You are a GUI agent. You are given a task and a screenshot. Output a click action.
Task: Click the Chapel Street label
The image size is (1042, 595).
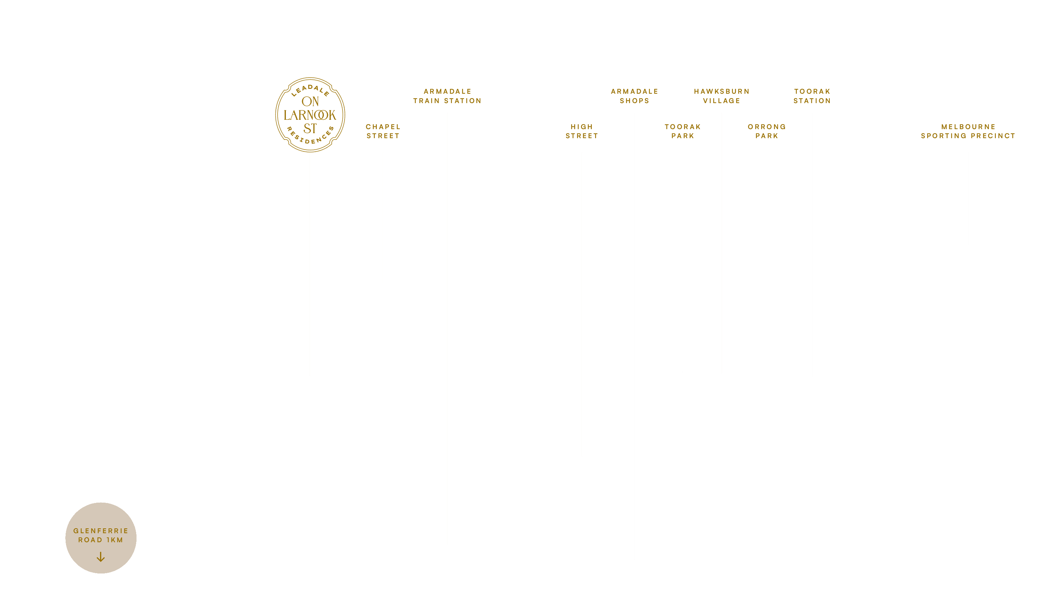point(383,131)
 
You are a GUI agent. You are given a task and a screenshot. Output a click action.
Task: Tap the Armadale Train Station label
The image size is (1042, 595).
point(447,96)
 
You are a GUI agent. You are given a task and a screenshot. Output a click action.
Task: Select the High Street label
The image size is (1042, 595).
point(582,131)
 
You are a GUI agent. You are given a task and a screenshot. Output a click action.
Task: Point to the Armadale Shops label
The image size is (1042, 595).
point(635,96)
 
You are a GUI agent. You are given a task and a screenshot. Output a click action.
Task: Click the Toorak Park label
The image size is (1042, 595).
point(683,131)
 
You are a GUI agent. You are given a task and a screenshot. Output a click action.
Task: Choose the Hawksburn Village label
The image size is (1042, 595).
point(721,96)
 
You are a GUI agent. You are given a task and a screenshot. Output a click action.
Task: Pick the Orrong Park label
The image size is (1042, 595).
point(767,131)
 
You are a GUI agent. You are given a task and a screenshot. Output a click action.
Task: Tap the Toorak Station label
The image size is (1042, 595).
point(812,96)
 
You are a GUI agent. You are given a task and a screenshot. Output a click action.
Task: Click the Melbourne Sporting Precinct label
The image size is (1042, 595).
point(968,131)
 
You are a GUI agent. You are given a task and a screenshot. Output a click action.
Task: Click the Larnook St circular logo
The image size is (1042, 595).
point(310,115)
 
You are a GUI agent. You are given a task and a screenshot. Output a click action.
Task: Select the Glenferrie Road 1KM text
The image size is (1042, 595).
point(101,535)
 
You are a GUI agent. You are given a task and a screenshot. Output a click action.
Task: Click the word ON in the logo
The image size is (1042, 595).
point(310,101)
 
